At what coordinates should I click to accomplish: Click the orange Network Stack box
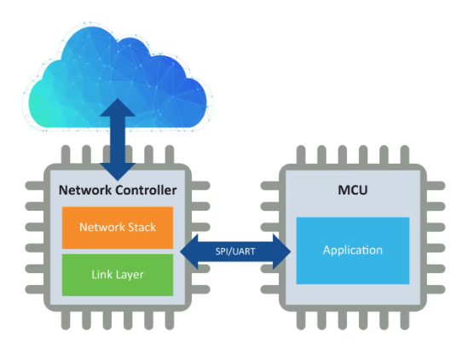[x=118, y=228]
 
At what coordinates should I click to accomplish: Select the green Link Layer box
[x=118, y=275]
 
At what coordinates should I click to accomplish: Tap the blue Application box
[x=353, y=251]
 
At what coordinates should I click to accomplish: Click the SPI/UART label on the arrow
[x=235, y=252]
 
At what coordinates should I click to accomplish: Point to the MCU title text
[x=353, y=190]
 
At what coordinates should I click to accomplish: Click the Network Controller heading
[x=118, y=190]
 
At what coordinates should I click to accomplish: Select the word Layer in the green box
[x=130, y=275]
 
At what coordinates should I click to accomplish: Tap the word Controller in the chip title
[x=146, y=190]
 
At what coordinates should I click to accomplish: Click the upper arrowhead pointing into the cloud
[x=118, y=107]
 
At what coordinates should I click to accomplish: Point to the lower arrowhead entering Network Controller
[x=118, y=171]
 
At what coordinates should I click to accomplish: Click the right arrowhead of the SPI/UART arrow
[x=281, y=252]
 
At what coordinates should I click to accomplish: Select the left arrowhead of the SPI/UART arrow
[x=189, y=252]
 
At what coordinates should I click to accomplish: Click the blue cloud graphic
[x=118, y=77]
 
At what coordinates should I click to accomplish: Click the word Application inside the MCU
[x=353, y=250]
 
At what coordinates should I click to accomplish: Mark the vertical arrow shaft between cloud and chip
[x=118, y=139]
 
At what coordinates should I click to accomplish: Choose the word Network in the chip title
[x=85, y=190]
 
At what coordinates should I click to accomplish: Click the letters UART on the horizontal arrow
[x=244, y=252]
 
